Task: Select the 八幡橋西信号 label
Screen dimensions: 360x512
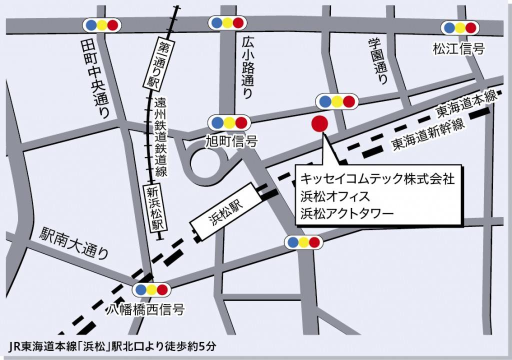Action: point(145,310)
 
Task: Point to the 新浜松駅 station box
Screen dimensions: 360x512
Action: point(155,208)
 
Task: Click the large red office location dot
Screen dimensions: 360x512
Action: point(319,123)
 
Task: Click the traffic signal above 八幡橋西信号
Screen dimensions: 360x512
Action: point(151,289)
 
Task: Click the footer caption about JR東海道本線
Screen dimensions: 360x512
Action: point(113,346)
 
